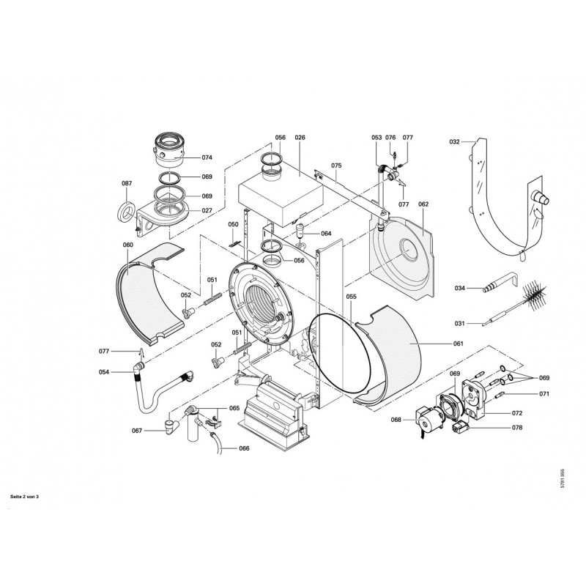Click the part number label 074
(x=207, y=157)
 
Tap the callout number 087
(x=127, y=183)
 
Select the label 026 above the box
(x=300, y=138)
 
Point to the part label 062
(x=423, y=204)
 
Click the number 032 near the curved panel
(x=453, y=141)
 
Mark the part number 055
(x=352, y=297)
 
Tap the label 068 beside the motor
(x=396, y=420)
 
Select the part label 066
(x=244, y=448)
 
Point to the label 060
(x=128, y=245)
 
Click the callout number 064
(x=326, y=234)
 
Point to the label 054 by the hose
(x=104, y=372)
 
